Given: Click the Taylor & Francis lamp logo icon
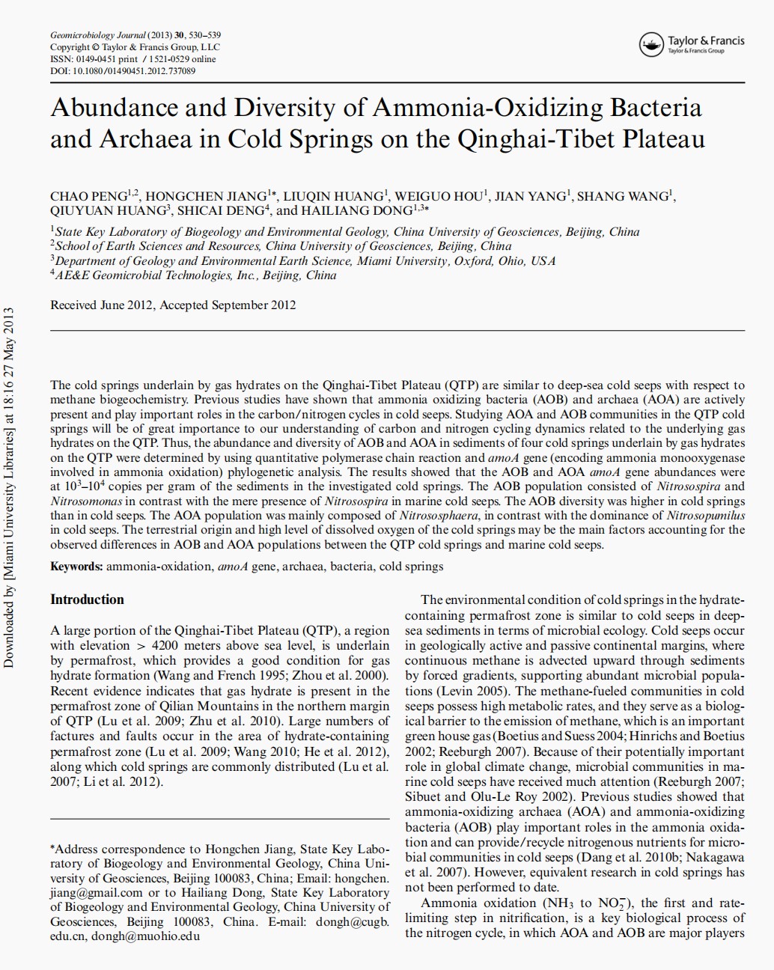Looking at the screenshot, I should click(652, 45).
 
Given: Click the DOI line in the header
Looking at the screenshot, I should click(123, 71).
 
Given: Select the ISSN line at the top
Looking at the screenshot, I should click(132, 59).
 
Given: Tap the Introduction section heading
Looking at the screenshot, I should click(87, 600).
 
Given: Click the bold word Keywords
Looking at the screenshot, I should click(76, 567).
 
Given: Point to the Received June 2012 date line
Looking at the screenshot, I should click(173, 305).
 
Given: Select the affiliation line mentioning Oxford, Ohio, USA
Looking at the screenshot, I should click(303, 261).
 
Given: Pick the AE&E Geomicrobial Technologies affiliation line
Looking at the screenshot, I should click(193, 275).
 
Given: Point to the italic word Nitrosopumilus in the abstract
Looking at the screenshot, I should click(704, 515).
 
